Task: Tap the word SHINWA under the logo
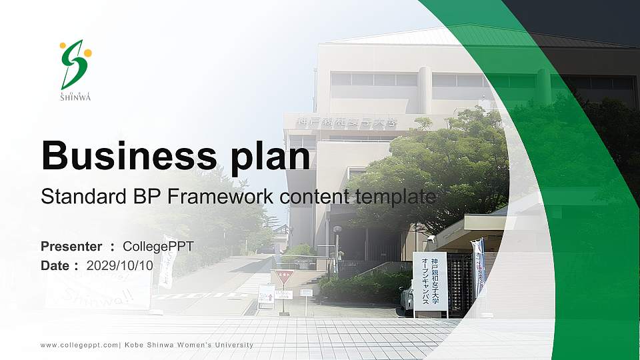[x=75, y=97]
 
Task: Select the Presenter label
[x=71, y=247]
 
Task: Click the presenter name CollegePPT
[x=158, y=247]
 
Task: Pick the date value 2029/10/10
[x=120, y=265]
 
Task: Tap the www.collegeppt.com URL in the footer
[x=79, y=345]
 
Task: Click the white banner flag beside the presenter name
[x=167, y=260]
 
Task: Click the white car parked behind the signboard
[x=407, y=301]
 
